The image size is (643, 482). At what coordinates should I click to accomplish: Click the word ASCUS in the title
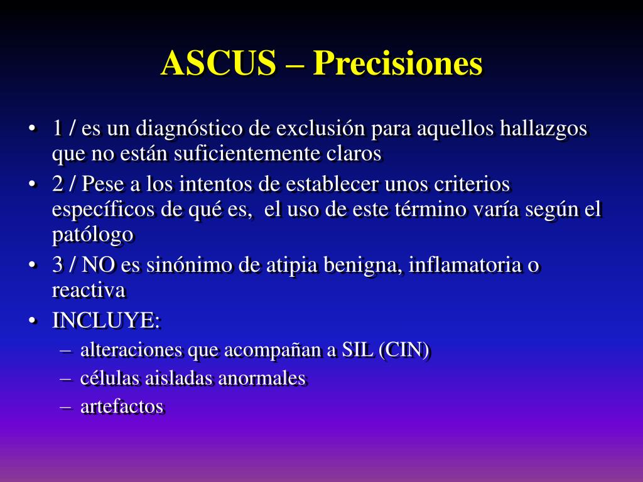[219, 63]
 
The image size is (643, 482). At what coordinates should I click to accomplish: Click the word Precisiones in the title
[398, 63]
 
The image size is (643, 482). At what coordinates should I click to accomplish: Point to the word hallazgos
[544, 129]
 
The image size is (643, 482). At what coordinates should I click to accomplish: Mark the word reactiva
[89, 290]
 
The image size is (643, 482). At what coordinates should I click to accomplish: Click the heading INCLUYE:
[106, 321]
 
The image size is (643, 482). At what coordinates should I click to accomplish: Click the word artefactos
[122, 407]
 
